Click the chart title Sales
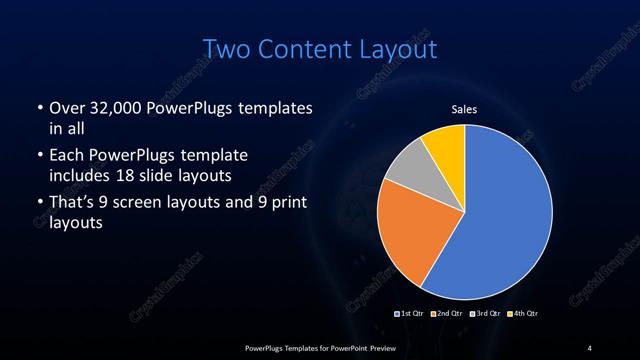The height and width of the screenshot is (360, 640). (x=463, y=109)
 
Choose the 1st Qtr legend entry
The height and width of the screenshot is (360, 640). (x=412, y=314)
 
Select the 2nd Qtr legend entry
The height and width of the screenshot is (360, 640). (x=449, y=314)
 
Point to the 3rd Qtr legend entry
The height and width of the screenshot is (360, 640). (x=485, y=314)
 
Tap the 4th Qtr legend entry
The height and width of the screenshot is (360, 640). (x=523, y=314)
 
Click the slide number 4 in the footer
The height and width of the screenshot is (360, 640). (x=590, y=347)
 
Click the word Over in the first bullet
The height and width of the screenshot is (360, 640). (x=65, y=108)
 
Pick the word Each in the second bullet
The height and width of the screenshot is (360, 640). (x=65, y=155)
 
